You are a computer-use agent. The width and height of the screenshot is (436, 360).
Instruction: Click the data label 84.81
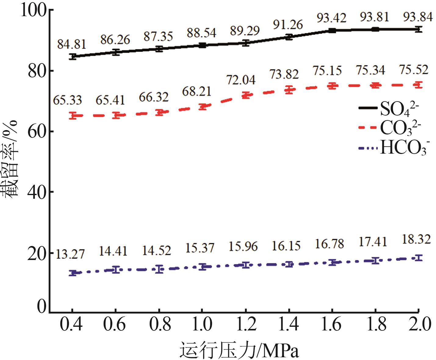(72, 44)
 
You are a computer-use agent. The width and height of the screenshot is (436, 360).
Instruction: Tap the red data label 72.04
(241, 80)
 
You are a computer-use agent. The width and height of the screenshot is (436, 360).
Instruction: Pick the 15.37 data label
(200, 248)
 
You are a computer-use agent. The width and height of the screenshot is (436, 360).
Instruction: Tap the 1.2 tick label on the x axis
(246, 324)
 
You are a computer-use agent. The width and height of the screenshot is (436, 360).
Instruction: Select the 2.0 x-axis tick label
(419, 324)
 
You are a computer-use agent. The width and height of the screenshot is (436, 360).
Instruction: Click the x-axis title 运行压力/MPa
(239, 350)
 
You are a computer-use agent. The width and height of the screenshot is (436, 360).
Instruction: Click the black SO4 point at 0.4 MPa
(72, 56)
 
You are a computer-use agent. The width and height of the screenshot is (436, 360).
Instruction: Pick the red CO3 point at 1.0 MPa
(202, 106)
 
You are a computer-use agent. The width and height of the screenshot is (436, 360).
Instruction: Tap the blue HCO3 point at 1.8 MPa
(375, 261)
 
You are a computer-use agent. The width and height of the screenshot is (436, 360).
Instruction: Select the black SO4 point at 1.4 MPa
(289, 37)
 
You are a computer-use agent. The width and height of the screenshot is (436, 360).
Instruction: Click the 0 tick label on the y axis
(42, 307)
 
